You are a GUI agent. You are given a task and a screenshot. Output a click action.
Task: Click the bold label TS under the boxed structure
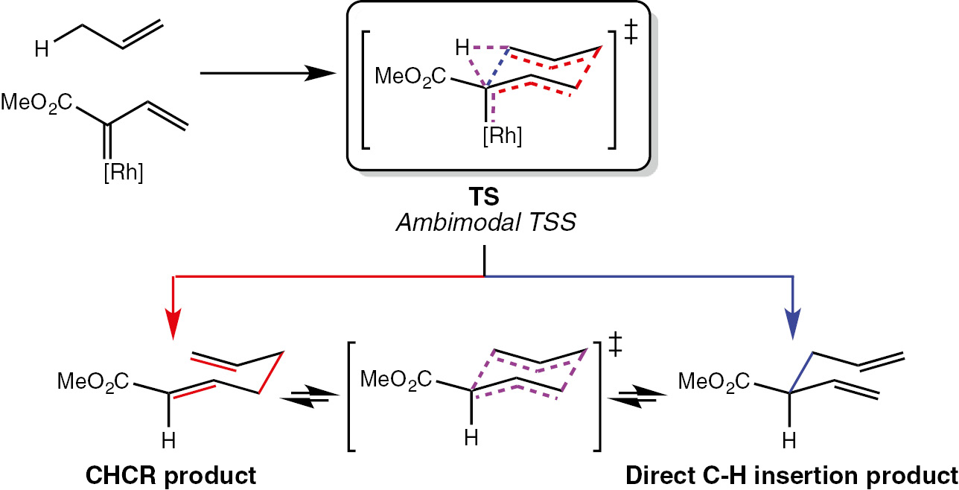484,197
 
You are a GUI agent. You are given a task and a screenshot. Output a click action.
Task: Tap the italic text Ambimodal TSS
486,223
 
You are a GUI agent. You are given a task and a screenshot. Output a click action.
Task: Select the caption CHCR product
171,475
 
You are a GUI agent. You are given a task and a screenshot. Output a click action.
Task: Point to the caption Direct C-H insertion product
791,475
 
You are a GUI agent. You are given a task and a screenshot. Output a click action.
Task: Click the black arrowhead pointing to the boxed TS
320,73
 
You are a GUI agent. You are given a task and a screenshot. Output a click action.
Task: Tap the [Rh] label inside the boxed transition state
502,136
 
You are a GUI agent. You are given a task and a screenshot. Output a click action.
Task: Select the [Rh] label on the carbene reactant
124,173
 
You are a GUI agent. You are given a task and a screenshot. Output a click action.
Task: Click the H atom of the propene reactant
42,49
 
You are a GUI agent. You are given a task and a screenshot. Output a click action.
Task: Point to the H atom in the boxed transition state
462,47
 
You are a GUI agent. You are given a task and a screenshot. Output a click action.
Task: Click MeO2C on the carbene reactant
36,103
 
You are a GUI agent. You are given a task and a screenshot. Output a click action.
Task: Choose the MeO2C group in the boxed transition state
410,77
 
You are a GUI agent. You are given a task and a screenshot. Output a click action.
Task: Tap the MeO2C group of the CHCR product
93,381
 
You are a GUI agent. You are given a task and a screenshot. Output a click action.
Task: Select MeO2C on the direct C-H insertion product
714,381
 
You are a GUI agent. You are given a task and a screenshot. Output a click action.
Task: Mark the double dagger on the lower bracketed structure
615,346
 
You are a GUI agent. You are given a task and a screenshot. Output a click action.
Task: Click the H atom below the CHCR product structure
169,440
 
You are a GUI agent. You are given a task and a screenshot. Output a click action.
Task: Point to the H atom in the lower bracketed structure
471,438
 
